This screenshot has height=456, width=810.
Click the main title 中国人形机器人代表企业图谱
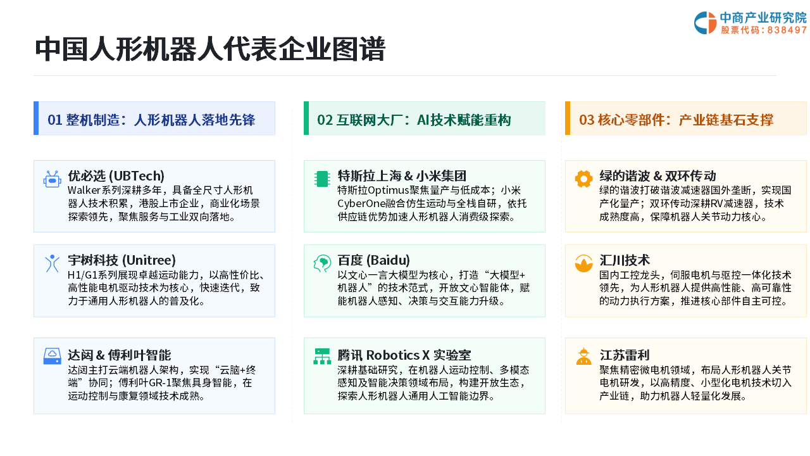coord(210,49)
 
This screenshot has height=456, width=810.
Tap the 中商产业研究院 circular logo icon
coord(705,23)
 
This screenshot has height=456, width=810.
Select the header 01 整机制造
coord(151,120)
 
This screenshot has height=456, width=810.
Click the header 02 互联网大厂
coord(414,120)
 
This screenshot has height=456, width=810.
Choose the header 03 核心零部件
coord(676,120)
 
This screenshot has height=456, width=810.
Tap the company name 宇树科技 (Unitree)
coord(121,260)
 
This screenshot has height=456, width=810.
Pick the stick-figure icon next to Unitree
coord(52,263)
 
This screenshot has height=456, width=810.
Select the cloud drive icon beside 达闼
coord(52,356)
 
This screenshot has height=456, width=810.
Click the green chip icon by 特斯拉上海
coord(322,179)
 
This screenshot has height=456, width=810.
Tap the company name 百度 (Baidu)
coord(373,260)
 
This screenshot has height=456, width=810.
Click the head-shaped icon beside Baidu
coord(322,263)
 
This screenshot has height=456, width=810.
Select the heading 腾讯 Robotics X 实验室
coord(404,355)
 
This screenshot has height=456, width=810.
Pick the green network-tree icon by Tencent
coord(322,356)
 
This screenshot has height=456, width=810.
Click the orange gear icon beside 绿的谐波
coord(583,179)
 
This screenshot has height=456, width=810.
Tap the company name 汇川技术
coord(625,260)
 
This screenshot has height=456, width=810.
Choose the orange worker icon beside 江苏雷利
coord(583,357)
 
